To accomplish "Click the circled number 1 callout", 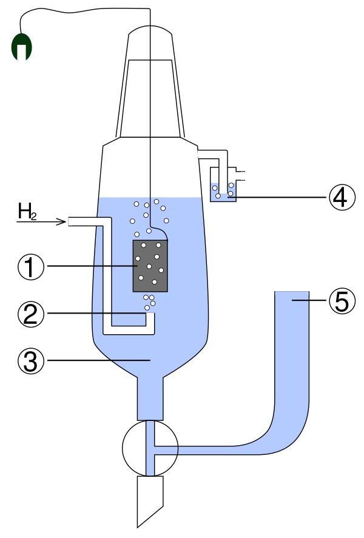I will (31, 267).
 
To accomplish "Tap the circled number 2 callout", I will (31, 313).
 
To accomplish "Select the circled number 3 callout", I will (31, 360).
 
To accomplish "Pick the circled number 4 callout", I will (342, 197).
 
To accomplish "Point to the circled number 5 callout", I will (342, 301).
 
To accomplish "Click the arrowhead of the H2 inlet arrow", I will (62, 222).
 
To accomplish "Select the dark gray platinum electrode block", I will (150, 265).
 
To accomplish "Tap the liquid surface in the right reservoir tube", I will (292, 293).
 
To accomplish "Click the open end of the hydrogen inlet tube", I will (70, 222).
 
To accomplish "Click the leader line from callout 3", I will (97, 360).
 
